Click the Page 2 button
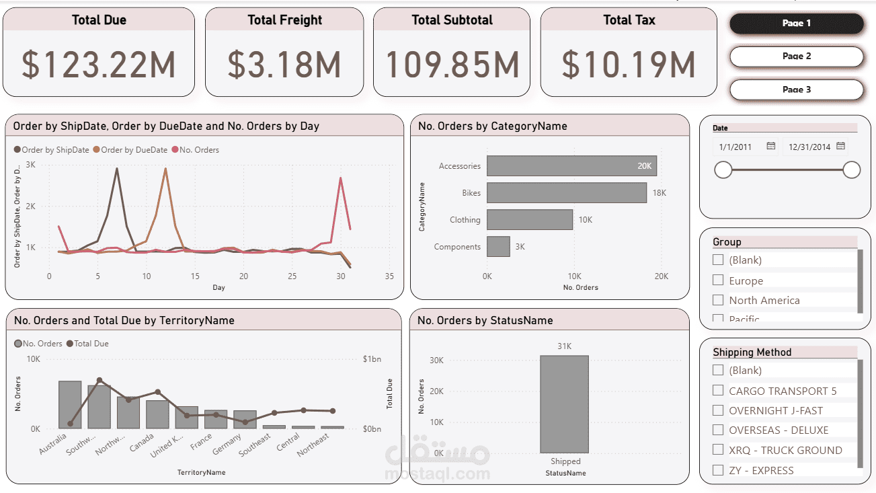tap(796, 56)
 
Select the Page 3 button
tap(796, 89)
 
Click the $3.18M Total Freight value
tap(284, 65)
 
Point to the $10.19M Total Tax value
tap(629, 65)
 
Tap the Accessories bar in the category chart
tap(571, 166)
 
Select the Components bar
tap(498, 246)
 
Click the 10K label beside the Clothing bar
tap(585, 220)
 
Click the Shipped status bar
tap(564, 404)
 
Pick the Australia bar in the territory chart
tap(70, 404)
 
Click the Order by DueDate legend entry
tap(134, 150)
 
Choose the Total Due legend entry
tap(91, 344)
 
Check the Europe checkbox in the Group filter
tap(718, 280)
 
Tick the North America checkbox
tap(718, 300)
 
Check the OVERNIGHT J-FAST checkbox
tap(718, 410)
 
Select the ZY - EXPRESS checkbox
tap(718, 470)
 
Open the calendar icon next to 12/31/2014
tap(840, 146)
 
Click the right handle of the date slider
tap(851, 169)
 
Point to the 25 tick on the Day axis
tap(292, 276)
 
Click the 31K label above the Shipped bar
tap(564, 346)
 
